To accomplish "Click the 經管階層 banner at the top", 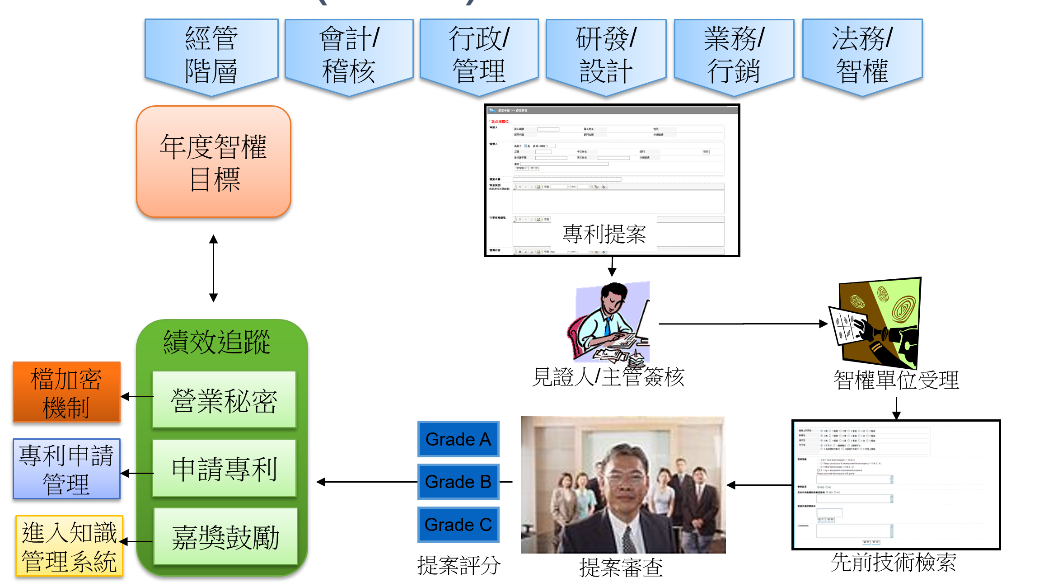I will (211, 55).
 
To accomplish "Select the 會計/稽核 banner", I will (349, 55).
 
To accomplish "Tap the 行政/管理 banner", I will (479, 55).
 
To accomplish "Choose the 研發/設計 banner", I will (606, 55).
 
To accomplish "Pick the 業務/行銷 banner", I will (734, 55).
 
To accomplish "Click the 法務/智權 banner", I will (862, 55).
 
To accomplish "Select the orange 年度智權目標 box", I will (214, 162).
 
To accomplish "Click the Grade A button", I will (458, 439).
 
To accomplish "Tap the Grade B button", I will (458, 482).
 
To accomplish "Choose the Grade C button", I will (458, 525).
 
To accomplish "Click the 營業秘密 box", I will (224, 400).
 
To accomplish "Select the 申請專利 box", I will (224, 468).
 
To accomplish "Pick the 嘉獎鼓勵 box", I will (225, 536).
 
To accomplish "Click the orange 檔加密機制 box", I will (66, 392).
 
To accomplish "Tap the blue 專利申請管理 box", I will (66, 469).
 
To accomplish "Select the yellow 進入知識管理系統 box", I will (69, 546).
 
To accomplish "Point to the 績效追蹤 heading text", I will (217, 342).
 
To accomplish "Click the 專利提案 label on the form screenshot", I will (604, 234).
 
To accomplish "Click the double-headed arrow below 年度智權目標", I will (214, 268).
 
